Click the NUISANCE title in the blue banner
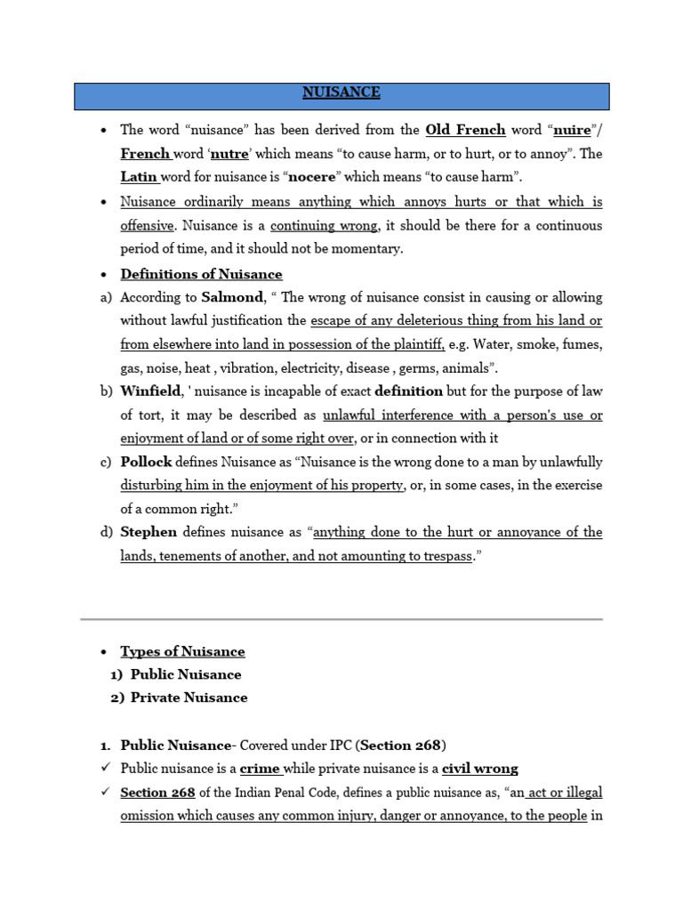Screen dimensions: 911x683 (341, 93)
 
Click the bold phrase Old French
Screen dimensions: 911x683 (465, 130)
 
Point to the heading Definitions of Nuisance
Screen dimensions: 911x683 (201, 274)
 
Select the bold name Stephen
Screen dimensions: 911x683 (149, 532)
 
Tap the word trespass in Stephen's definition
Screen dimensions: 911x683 (442, 556)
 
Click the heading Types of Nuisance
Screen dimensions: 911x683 (182, 651)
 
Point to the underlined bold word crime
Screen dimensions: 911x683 (260, 769)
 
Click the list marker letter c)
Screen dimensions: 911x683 (106, 463)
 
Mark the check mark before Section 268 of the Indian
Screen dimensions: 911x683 (105, 792)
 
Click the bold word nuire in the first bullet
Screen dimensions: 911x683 (572, 130)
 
